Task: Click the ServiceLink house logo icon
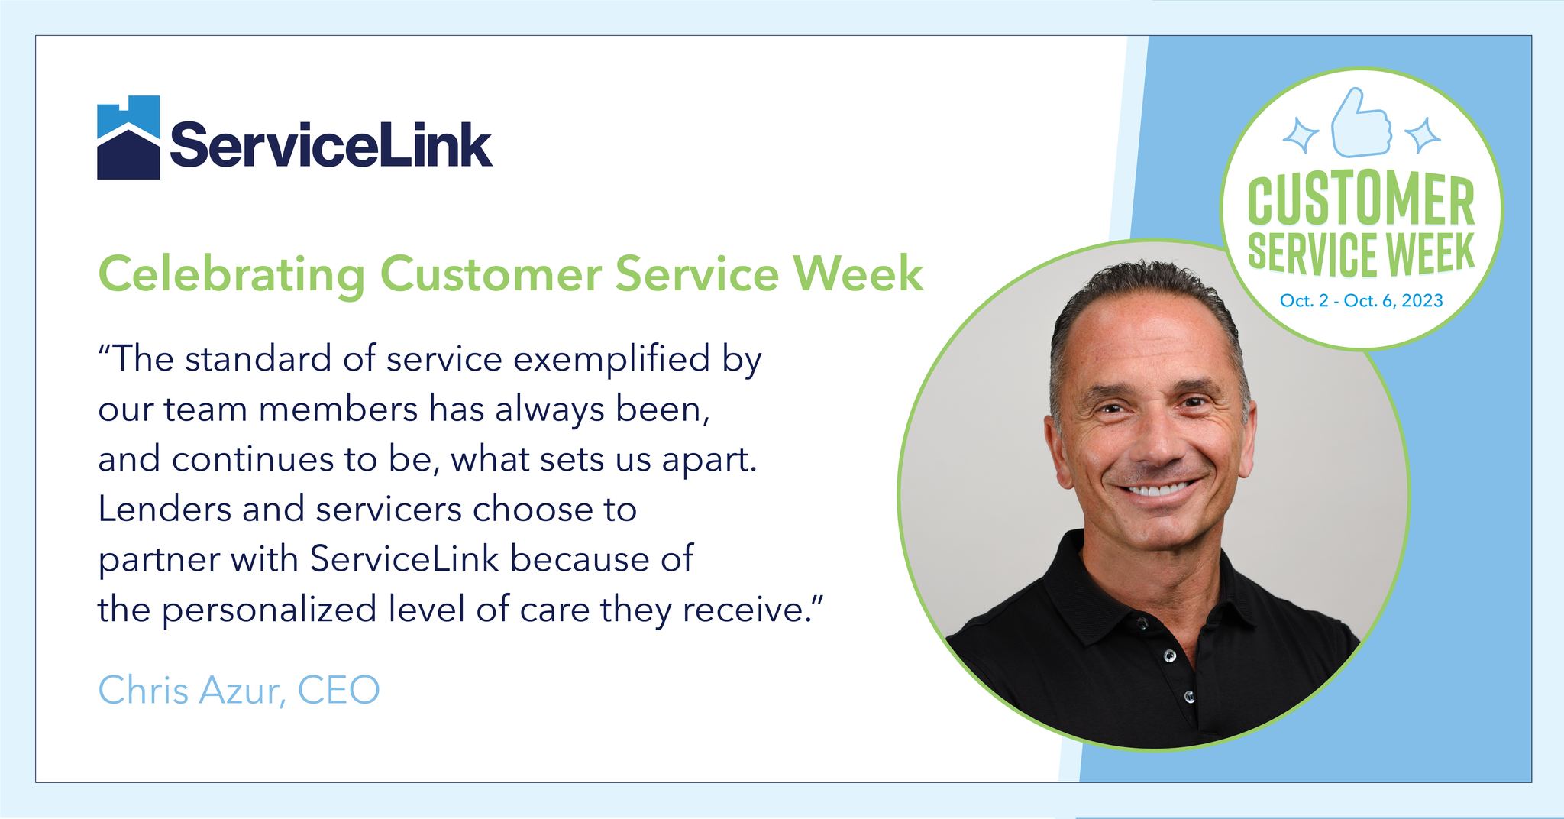tap(128, 138)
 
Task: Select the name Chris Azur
tap(192, 691)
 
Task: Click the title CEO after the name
tap(339, 691)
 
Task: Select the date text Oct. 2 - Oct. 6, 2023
tap(1362, 300)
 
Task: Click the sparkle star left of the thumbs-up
tap(1300, 135)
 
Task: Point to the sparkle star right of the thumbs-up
tap(1421, 135)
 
